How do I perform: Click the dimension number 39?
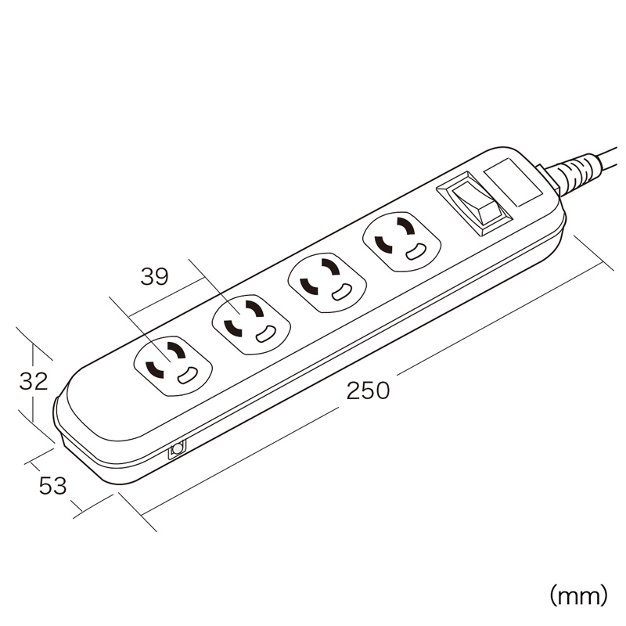154,276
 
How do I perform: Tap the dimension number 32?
34,381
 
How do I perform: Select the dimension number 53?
52,486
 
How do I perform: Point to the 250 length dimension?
368,390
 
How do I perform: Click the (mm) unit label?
578,595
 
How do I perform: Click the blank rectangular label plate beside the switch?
513,182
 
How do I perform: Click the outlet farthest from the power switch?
173,365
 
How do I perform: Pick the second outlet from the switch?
327,282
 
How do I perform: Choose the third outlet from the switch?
251,325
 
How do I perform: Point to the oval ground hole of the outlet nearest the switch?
416,250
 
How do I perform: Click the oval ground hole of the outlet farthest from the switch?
187,376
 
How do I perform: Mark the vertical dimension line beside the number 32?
33,383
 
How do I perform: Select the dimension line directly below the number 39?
165,297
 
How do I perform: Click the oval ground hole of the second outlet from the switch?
341,293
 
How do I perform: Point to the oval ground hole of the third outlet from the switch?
266,335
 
